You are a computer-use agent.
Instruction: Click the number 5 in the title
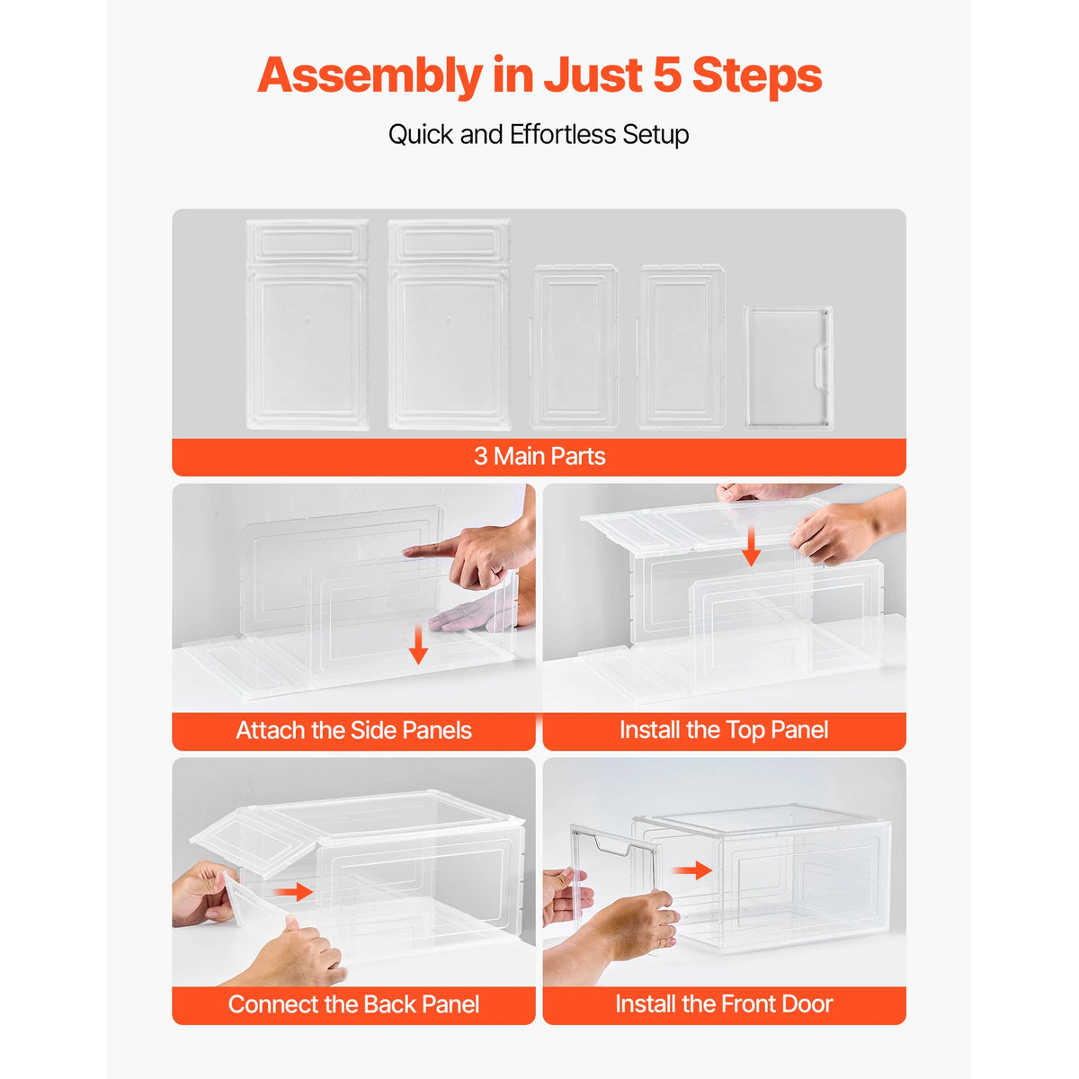(667, 75)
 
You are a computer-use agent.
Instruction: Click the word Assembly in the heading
(370, 76)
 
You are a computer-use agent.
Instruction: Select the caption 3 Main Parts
(539, 457)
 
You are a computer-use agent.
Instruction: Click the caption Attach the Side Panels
(353, 730)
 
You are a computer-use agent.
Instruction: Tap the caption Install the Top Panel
(724, 730)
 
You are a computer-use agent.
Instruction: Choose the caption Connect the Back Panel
(353, 1004)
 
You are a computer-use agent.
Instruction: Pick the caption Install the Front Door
(724, 1003)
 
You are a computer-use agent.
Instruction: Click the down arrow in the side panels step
(417, 645)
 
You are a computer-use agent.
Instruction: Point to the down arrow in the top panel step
(752, 546)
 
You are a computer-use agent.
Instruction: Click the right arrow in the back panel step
(293, 892)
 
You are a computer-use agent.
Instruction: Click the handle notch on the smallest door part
(820, 366)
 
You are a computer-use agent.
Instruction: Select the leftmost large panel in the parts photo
(308, 325)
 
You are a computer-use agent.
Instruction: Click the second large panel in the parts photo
(449, 325)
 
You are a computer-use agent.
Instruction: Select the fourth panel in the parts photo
(682, 347)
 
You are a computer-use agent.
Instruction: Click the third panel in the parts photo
(575, 347)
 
